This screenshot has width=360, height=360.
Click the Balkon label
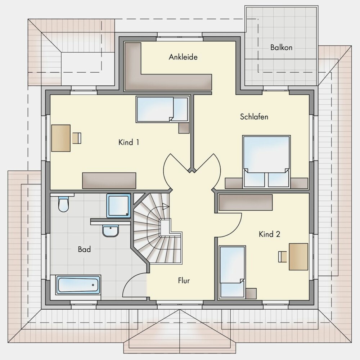click(281, 47)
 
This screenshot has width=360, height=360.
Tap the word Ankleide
click(183, 57)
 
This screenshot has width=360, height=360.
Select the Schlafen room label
click(254, 117)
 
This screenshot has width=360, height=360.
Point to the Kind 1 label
click(129, 142)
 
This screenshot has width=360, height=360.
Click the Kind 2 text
click(269, 234)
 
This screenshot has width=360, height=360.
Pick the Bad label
click(84, 249)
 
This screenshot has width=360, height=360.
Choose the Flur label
click(184, 280)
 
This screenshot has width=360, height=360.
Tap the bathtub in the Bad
click(78, 285)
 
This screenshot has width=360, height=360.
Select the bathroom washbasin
click(111, 231)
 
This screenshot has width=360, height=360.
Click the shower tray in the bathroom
click(118, 206)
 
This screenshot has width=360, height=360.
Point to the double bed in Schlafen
click(266, 161)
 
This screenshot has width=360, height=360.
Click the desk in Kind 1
click(61, 138)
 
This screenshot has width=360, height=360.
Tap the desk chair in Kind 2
click(282, 257)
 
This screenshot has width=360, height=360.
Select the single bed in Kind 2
click(232, 272)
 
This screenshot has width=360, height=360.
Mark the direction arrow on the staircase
click(165, 206)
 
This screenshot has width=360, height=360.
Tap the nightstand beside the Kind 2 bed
click(251, 293)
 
